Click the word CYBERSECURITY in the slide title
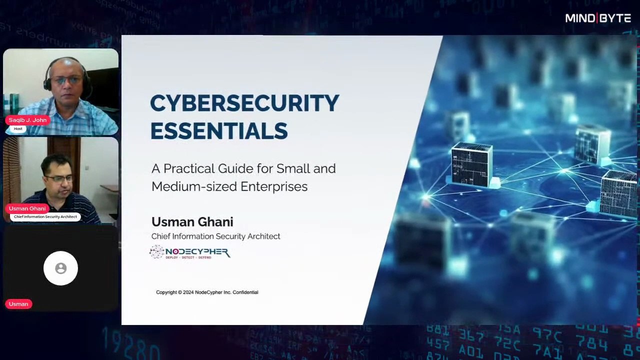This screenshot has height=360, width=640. pyautogui.click(x=244, y=103)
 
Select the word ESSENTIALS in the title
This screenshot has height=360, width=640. pyautogui.click(x=219, y=131)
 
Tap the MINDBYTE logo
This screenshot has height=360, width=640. pyautogui.click(x=598, y=18)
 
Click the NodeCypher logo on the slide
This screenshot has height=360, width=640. pyautogui.click(x=190, y=252)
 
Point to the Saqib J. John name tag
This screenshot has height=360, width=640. pyautogui.click(x=27, y=120)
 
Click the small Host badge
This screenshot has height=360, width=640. pyautogui.click(x=18, y=129)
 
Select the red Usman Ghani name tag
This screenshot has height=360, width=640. pyautogui.click(x=27, y=208)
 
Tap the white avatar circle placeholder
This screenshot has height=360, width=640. pyautogui.click(x=60, y=268)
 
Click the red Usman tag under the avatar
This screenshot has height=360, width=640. pyautogui.click(x=18, y=304)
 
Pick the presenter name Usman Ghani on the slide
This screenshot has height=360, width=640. pyautogui.click(x=192, y=222)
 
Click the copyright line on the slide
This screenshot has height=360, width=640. pyautogui.click(x=207, y=292)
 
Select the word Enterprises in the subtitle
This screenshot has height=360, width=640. pyautogui.click(x=274, y=186)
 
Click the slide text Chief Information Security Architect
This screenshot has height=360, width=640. pyautogui.click(x=215, y=236)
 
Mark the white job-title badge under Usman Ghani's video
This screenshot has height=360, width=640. pyautogui.click(x=45, y=217)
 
